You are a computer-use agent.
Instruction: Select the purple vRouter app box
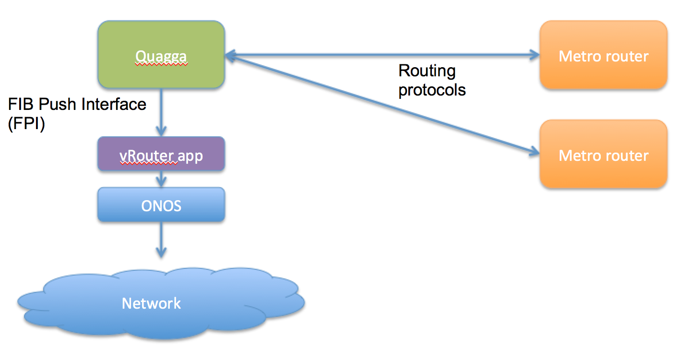(161, 155)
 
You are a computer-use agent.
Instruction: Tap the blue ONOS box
(161, 205)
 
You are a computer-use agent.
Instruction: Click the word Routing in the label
(427, 71)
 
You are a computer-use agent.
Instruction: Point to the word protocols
(432, 90)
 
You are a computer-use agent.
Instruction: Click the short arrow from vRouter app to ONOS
(161, 179)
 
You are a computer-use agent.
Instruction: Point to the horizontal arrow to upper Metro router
(384, 55)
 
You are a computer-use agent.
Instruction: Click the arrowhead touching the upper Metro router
(535, 55)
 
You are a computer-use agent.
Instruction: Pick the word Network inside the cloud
(151, 303)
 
